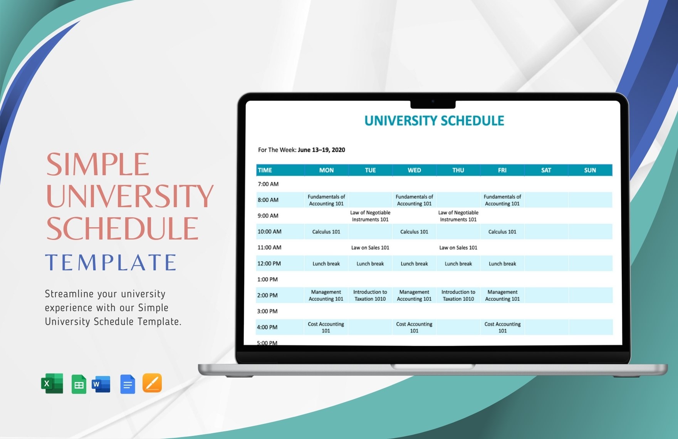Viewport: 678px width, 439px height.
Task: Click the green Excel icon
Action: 52,384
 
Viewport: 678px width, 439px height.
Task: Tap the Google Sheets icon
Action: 79,384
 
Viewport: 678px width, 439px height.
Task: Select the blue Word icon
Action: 101,384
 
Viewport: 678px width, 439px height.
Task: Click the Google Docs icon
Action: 128,384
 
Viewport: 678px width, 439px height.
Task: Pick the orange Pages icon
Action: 152,383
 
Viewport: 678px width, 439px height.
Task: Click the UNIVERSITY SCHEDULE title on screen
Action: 434,121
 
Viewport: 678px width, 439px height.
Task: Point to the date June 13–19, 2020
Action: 321,150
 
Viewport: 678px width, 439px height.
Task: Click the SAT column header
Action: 546,170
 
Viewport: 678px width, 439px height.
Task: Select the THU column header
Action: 458,170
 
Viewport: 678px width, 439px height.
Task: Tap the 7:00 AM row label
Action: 268,184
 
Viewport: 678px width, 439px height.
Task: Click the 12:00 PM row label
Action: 269,264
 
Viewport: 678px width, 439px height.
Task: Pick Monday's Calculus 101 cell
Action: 326,232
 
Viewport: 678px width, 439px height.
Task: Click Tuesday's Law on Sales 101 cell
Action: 370,248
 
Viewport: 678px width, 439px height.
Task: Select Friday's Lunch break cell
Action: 502,264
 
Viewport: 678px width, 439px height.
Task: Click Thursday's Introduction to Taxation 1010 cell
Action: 458,295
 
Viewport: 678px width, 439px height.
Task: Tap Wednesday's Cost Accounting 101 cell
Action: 414,327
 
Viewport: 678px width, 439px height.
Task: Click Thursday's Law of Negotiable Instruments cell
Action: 458,216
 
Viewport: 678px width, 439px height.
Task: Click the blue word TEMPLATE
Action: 111,263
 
